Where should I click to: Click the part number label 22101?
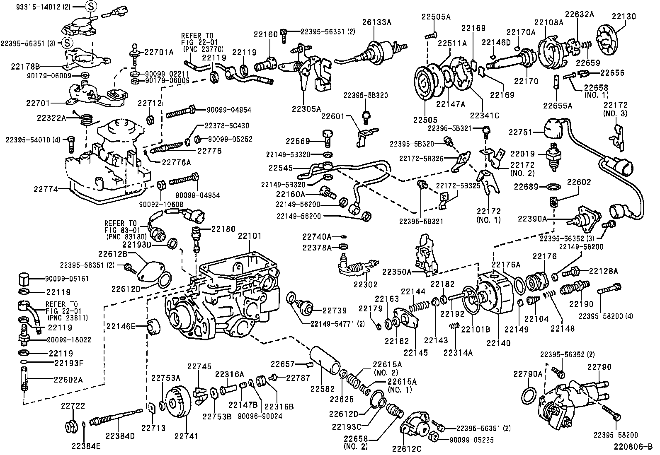tap(250, 236)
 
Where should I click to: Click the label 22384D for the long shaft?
tap(120, 436)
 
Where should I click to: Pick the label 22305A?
tap(306, 109)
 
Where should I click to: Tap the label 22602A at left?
tap(68, 379)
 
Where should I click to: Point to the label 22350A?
tap(397, 272)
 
